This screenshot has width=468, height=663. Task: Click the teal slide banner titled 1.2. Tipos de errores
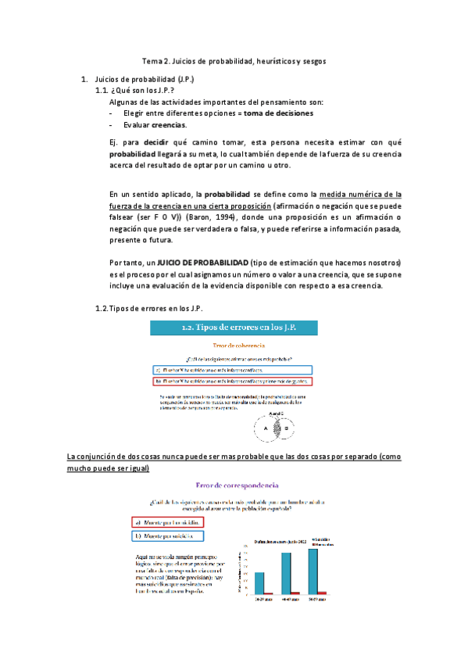(234, 326)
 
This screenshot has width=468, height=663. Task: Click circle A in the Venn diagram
(266, 428)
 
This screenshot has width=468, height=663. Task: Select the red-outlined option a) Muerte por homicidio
(168, 521)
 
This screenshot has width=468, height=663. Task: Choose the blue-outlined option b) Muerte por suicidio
(168, 536)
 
